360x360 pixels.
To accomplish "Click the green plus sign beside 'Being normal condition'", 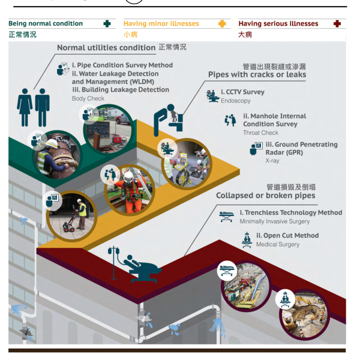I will point(107,23).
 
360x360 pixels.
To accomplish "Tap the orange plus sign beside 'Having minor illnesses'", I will point(222,23).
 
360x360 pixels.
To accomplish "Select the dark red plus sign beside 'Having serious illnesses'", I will point(337,23).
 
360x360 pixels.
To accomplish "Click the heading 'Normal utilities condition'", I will point(106,47).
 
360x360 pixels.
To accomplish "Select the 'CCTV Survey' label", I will point(242,92).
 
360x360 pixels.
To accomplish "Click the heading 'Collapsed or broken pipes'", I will point(265,196).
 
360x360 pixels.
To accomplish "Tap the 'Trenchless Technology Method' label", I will point(290,212).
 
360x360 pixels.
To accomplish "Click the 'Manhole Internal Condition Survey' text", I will point(274,120).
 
